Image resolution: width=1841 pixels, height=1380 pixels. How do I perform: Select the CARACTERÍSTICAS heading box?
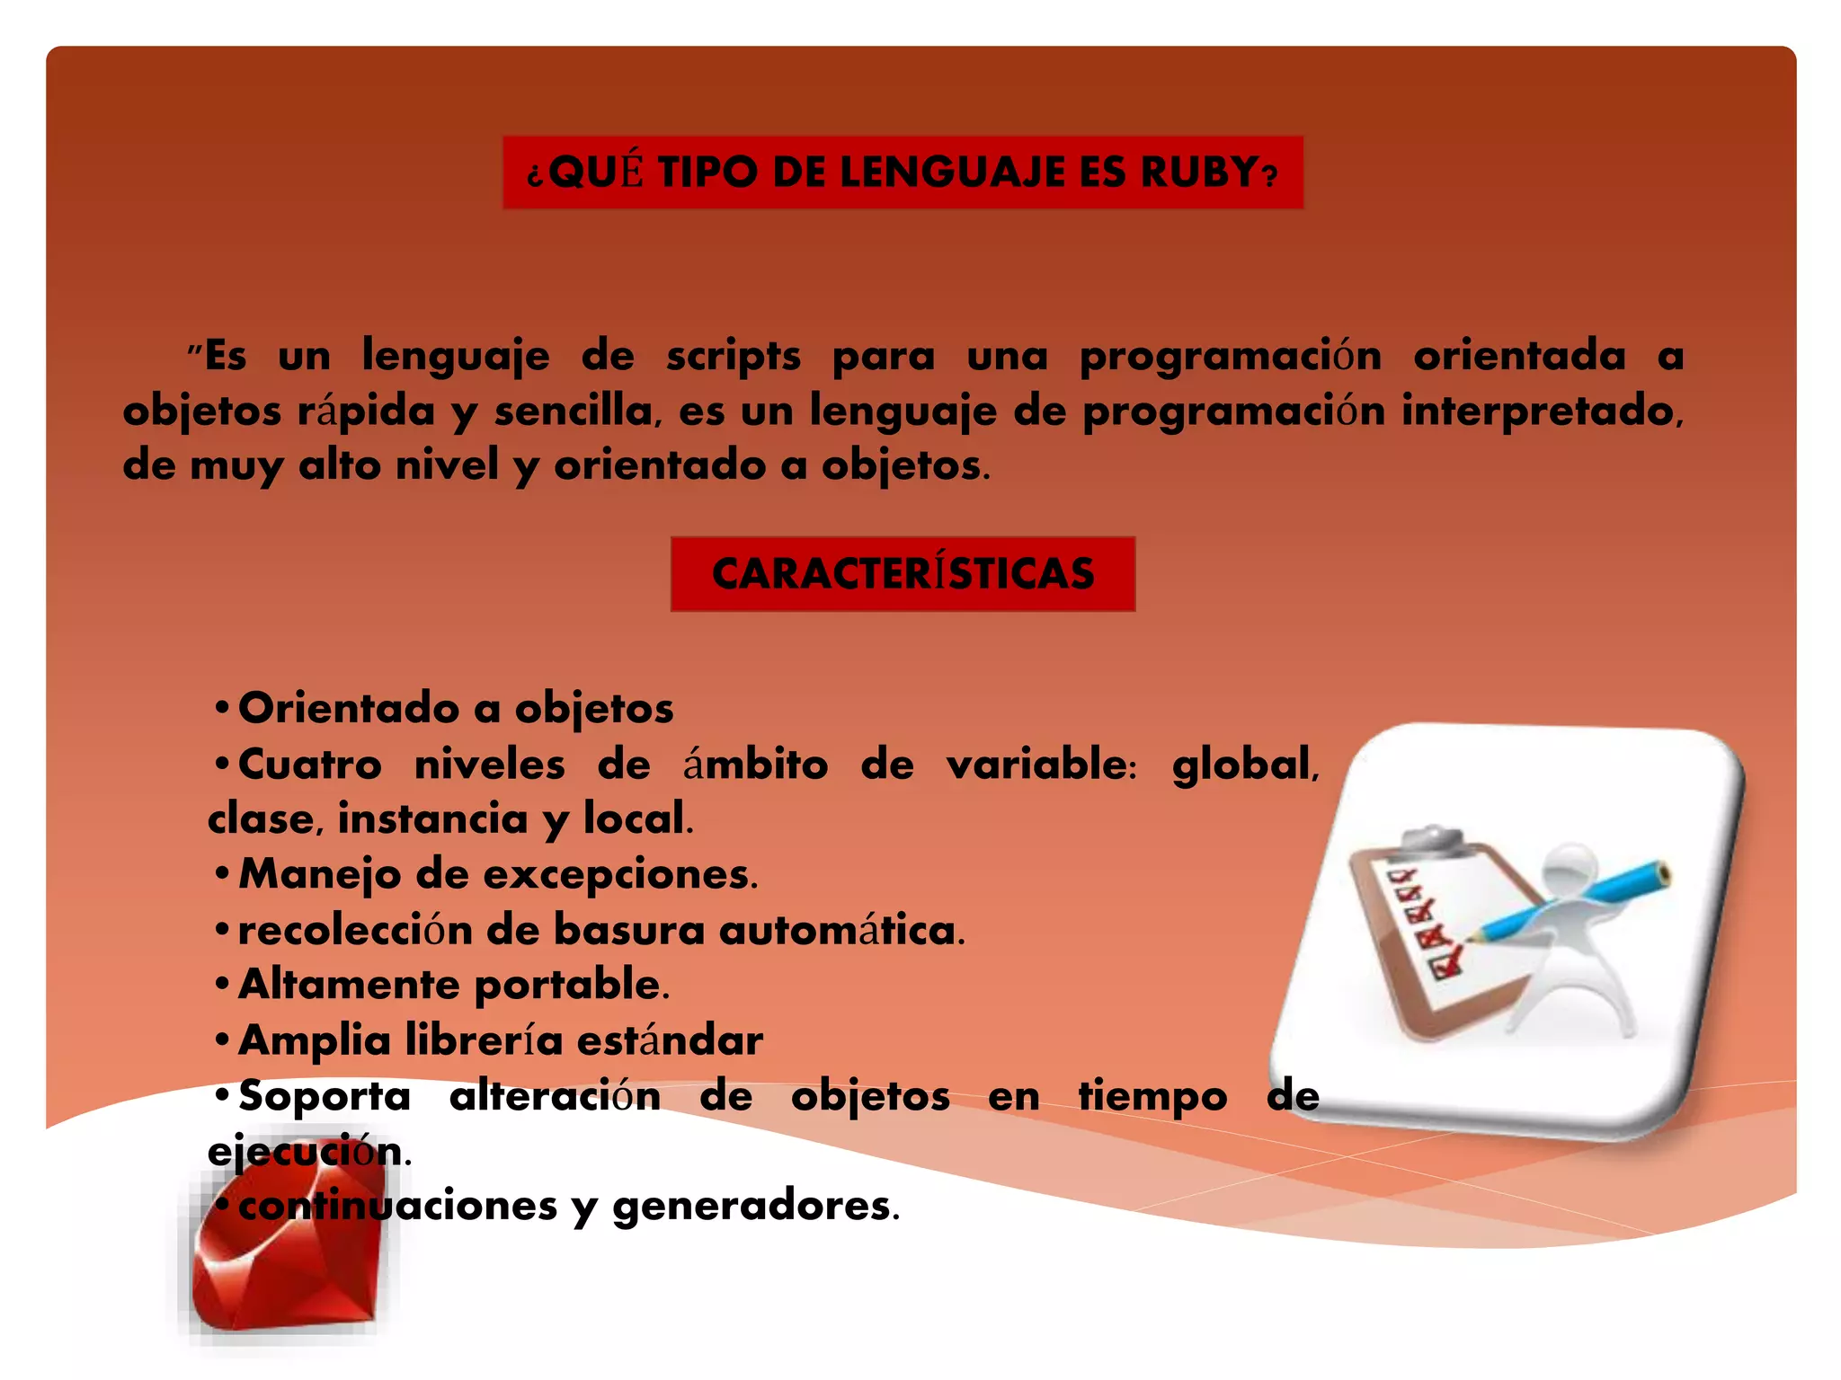coord(903,574)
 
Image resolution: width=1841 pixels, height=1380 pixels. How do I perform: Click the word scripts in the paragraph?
coord(733,356)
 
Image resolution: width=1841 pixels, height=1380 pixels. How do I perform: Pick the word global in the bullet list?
coord(1244,765)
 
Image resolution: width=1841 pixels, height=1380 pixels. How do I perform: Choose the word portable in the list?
coord(571,985)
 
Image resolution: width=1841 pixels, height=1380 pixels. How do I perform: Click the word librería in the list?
coord(484,1040)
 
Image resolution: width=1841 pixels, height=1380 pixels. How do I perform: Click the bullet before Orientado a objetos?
coord(221,707)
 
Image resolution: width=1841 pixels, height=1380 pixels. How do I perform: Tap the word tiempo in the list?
coord(1152,1096)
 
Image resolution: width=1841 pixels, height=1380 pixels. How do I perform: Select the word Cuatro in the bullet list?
coord(310,765)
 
